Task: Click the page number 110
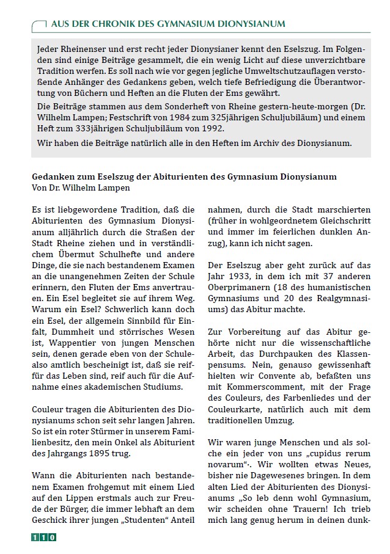coord(43,538)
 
